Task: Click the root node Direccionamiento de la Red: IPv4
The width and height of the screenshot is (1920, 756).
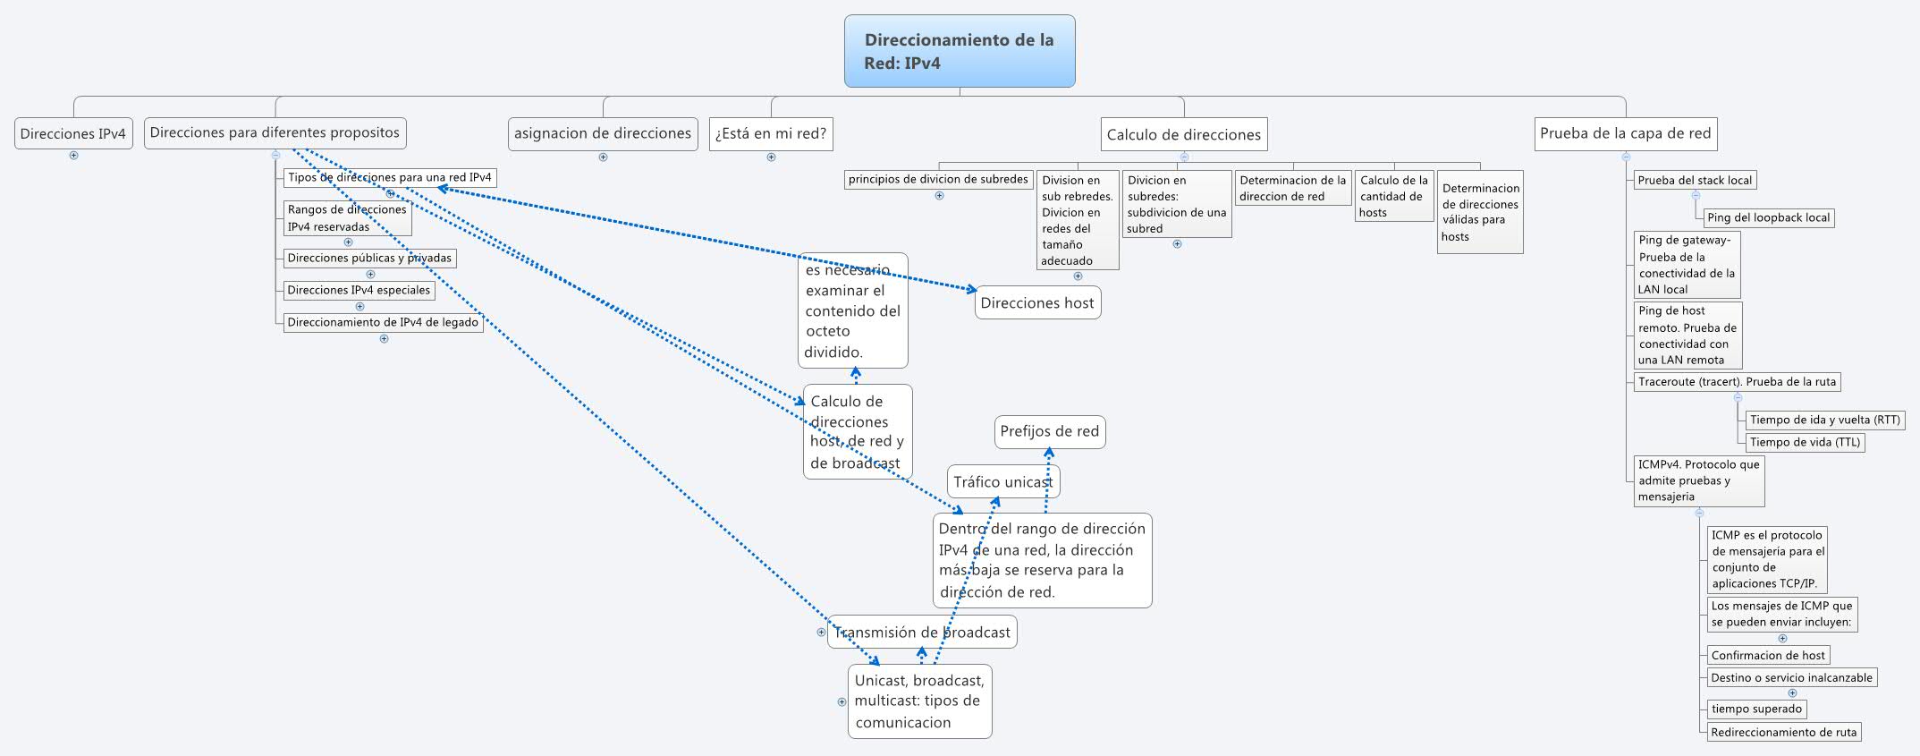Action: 959,51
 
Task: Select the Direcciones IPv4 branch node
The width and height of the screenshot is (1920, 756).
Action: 73,134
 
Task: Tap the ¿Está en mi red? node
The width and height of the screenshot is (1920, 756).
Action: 770,134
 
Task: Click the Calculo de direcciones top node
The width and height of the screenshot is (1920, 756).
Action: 1183,135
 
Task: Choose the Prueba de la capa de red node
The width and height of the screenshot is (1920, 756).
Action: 1625,133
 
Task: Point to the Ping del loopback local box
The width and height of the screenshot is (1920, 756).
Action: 1768,217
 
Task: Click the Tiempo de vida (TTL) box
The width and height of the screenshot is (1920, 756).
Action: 1805,442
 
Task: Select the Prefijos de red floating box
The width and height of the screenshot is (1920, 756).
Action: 1049,431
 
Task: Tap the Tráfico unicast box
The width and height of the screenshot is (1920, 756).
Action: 1002,482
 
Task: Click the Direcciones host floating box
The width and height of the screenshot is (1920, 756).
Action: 1036,303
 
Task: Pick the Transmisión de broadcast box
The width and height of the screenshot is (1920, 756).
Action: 922,633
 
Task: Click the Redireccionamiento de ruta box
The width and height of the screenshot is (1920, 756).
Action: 1783,732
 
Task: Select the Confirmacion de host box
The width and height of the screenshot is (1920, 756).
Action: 1767,655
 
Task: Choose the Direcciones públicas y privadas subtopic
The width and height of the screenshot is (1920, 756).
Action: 369,259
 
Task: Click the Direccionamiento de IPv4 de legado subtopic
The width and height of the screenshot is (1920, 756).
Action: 383,322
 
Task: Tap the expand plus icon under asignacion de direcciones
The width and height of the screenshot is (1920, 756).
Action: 603,157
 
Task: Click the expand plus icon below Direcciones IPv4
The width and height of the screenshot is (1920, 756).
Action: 73,156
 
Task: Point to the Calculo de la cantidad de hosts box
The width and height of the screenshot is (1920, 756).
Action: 1393,196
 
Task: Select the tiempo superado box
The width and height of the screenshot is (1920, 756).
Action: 1756,709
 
